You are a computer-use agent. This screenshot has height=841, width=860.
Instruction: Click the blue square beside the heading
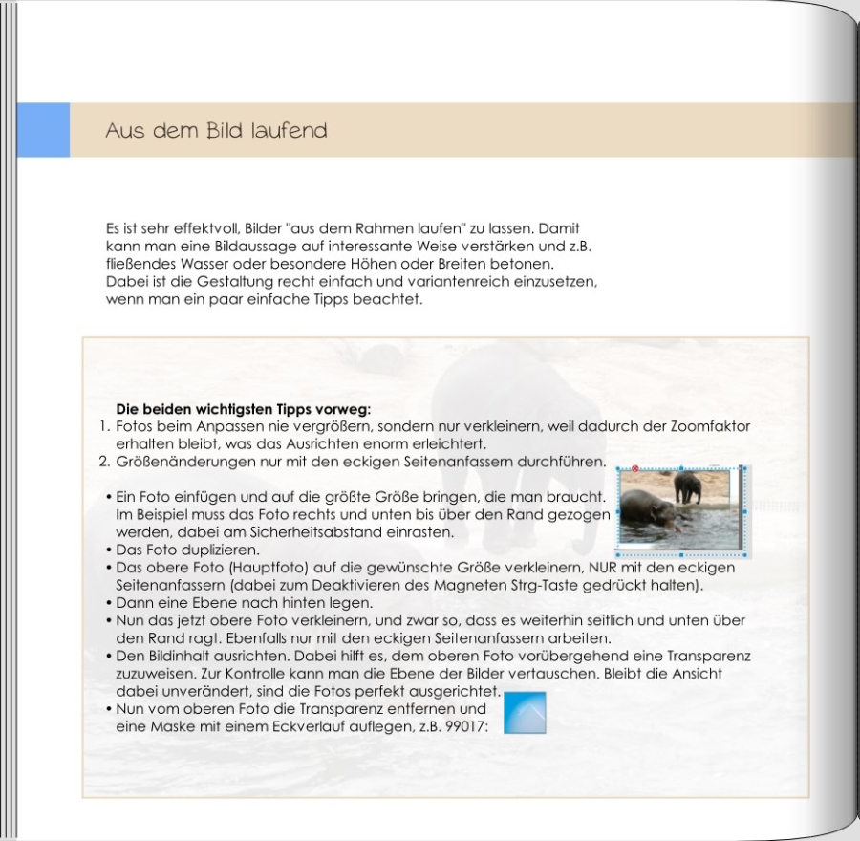point(43,130)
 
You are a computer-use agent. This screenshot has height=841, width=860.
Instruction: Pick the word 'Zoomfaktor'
point(713,427)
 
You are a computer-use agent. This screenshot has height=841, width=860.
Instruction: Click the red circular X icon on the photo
point(634,468)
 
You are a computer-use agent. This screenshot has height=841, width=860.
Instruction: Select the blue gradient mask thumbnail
point(525,713)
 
